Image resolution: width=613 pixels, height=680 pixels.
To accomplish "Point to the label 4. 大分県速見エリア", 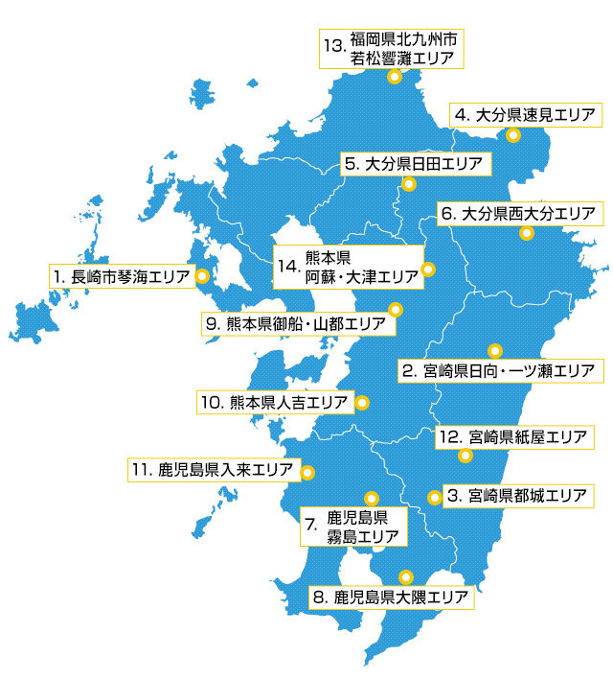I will [x=527, y=114].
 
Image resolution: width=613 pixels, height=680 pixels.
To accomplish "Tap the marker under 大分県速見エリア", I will [x=513, y=135].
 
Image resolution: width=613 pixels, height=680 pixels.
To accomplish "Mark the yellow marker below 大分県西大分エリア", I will [x=526, y=233].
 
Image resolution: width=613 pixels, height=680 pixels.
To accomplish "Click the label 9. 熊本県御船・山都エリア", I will [x=298, y=323].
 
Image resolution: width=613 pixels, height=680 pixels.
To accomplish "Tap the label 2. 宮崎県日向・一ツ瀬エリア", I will [x=498, y=369].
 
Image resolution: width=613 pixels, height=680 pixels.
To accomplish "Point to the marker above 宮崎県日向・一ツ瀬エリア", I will [x=495, y=350].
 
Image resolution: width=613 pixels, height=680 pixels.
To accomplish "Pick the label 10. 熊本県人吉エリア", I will [x=274, y=402].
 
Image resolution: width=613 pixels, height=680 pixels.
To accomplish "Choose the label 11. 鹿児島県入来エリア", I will [x=212, y=470].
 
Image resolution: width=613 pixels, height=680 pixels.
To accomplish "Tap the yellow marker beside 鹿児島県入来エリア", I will [x=307, y=472].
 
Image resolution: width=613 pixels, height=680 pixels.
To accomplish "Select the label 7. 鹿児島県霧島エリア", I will [x=352, y=525].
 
